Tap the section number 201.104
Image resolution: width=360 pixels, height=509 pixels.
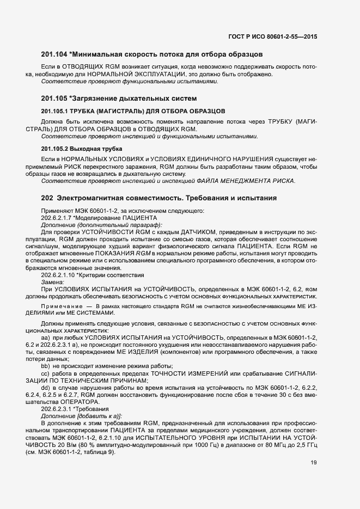(x=54, y=54)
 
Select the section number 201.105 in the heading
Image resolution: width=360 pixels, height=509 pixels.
(x=54, y=99)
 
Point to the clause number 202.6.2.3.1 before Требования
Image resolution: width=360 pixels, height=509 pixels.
(x=58, y=409)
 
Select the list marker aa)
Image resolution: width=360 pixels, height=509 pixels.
(x=46, y=338)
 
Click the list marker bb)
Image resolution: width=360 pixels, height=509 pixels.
(x=46, y=366)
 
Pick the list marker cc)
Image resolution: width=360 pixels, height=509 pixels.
(x=46, y=373)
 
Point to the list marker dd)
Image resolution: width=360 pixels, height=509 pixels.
(x=46, y=387)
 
